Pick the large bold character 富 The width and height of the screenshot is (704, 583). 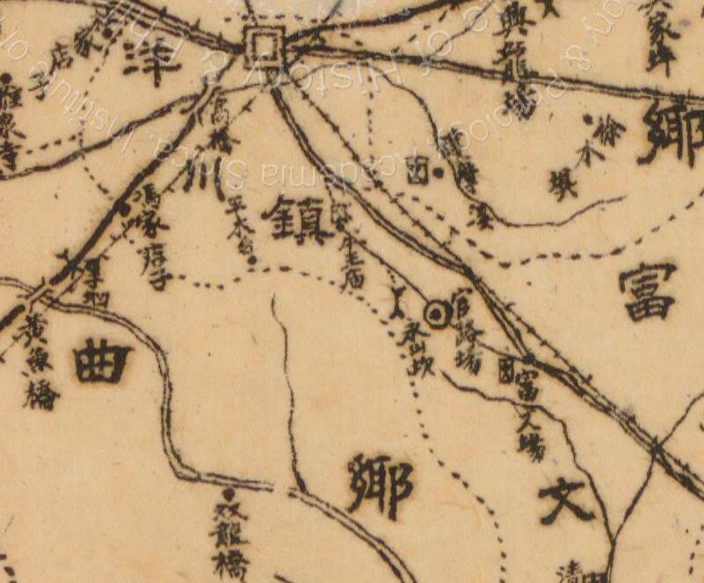click(647, 291)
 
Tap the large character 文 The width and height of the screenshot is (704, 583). click(566, 501)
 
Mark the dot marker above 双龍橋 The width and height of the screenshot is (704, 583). click(231, 494)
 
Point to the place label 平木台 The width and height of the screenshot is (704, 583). click(238, 228)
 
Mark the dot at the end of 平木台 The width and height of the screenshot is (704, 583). click(252, 260)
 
